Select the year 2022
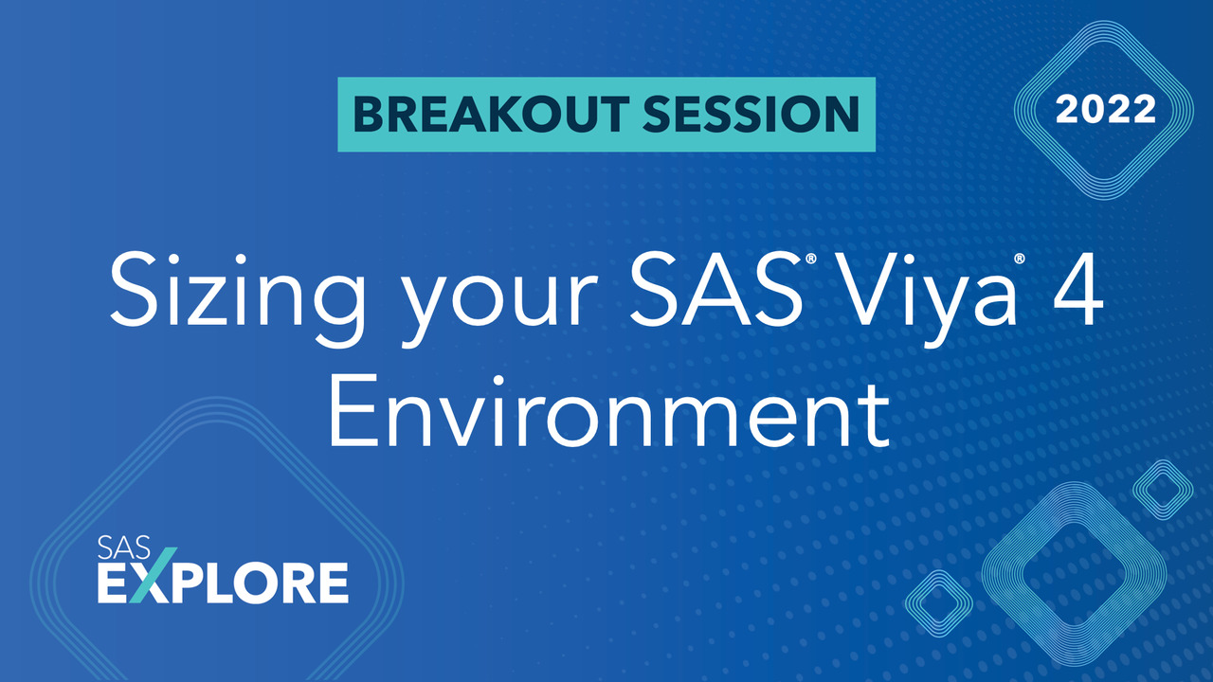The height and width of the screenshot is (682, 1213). pos(1106,110)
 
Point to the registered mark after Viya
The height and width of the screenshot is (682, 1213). pos(1020,258)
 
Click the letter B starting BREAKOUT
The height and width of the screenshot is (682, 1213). pos(366,114)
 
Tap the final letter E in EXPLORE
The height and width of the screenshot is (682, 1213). pos(331,583)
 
